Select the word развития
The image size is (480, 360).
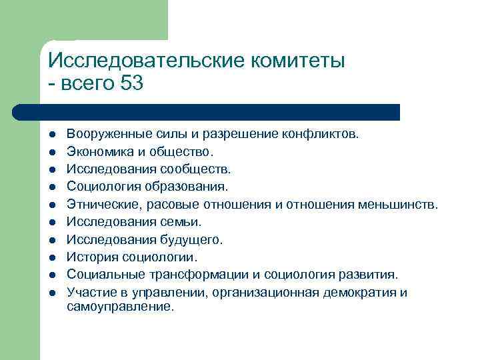click(x=371, y=274)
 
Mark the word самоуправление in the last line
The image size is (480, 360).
click(x=120, y=307)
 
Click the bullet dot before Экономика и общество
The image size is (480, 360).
click(x=51, y=151)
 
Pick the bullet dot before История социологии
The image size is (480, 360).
click(x=51, y=257)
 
